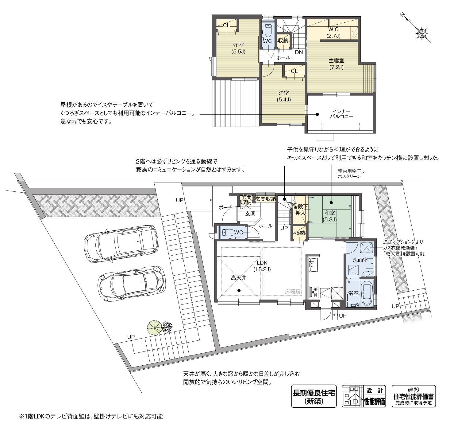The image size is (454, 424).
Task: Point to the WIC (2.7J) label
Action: click(x=333, y=32)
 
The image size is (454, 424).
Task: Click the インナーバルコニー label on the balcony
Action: click(x=341, y=114)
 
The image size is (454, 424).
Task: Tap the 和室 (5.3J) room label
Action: click(x=330, y=216)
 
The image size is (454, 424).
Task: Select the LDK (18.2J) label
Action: click(x=262, y=266)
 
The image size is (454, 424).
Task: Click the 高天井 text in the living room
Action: click(x=238, y=277)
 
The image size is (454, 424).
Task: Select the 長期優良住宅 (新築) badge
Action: click(x=314, y=396)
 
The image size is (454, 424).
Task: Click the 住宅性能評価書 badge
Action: click(x=414, y=396)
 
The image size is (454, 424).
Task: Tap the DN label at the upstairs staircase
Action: click(x=299, y=52)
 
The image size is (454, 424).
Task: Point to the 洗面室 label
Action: click(x=360, y=260)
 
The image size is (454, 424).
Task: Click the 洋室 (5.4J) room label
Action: click(x=284, y=96)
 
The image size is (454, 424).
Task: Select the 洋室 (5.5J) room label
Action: click(x=238, y=48)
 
